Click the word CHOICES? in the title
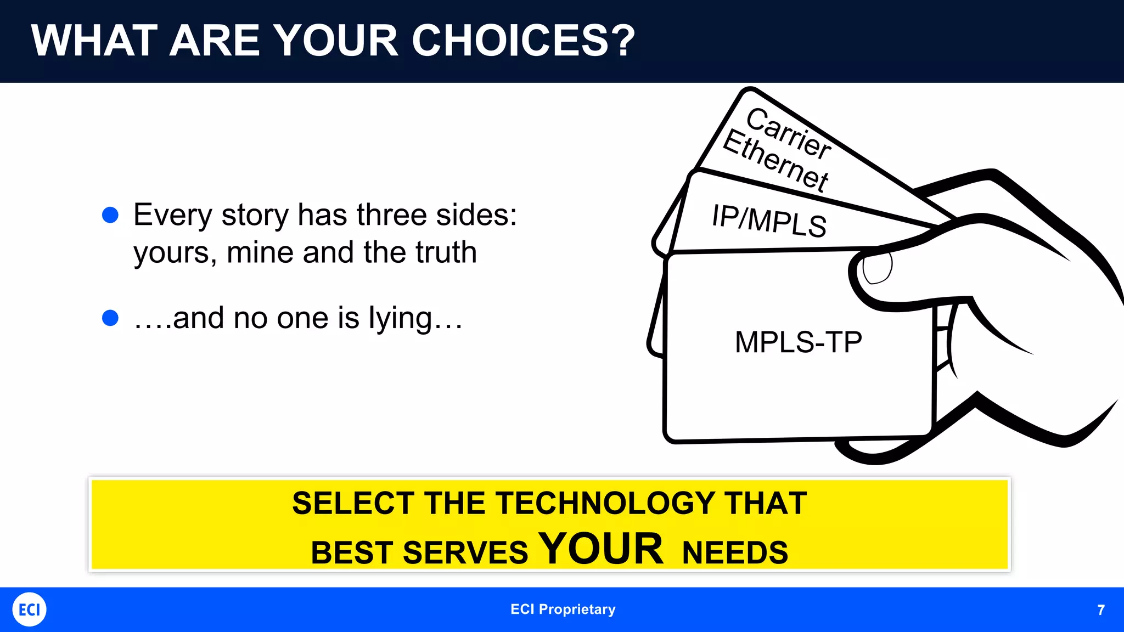point(523,41)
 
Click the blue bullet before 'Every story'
point(110,215)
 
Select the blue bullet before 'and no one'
point(110,318)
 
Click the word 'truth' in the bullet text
point(446,252)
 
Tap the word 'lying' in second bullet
point(401,318)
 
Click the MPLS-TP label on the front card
point(798,342)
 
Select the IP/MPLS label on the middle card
point(769,221)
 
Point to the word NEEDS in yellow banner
point(735,552)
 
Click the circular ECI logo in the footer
point(29,610)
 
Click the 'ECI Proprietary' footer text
point(563,610)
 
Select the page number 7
point(1100,610)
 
